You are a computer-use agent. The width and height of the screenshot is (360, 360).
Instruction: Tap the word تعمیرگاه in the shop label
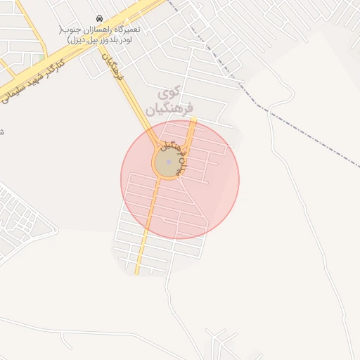[127, 30]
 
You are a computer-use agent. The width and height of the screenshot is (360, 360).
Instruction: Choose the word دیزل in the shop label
[70, 40]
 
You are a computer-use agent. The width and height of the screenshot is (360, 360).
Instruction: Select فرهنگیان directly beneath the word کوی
[169, 109]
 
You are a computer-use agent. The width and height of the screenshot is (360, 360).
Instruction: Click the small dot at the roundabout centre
[169, 162]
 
